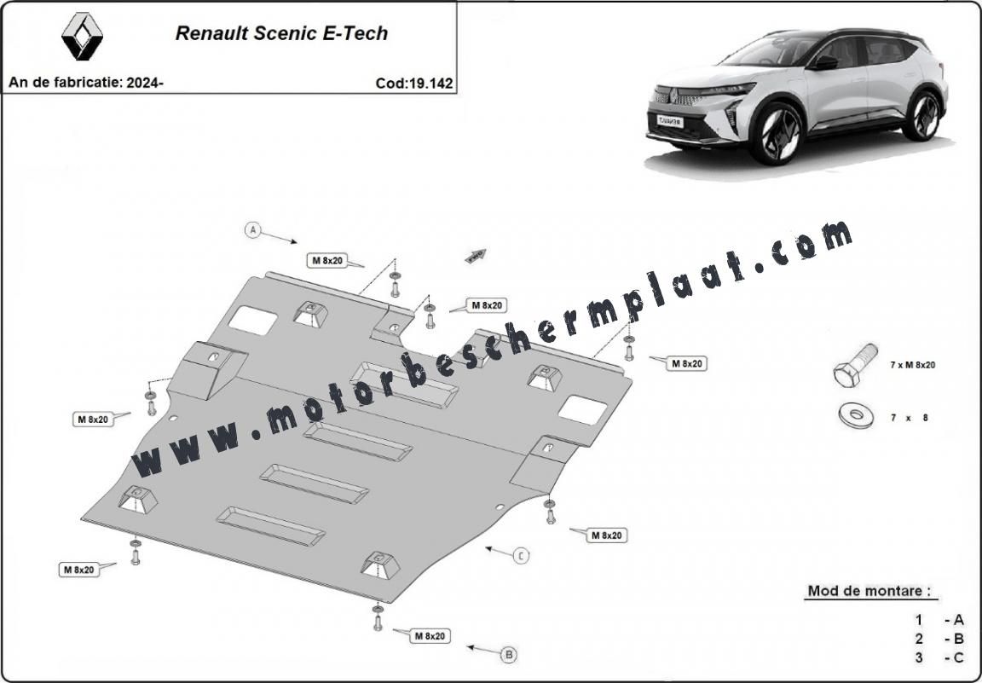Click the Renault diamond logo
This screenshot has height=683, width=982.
82,37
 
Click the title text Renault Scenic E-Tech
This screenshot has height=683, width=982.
281,33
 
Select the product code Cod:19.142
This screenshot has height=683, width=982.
414,84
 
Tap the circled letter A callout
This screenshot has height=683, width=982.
252,230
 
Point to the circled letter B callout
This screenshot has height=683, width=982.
509,655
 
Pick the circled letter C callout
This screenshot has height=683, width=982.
521,556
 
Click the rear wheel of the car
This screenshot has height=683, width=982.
923,116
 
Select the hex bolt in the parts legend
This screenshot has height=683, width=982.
856,365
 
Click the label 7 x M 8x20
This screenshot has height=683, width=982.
912,365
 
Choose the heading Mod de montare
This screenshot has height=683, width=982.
869,591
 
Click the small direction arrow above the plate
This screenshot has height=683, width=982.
476,256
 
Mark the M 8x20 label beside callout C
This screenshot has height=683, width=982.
607,535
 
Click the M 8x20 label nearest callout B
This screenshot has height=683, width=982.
430,636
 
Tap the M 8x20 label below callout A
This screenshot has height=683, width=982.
327,261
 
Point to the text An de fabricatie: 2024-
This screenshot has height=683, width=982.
86,83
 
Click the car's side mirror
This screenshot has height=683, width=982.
823,62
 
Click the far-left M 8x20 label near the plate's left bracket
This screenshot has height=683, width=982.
93,420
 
